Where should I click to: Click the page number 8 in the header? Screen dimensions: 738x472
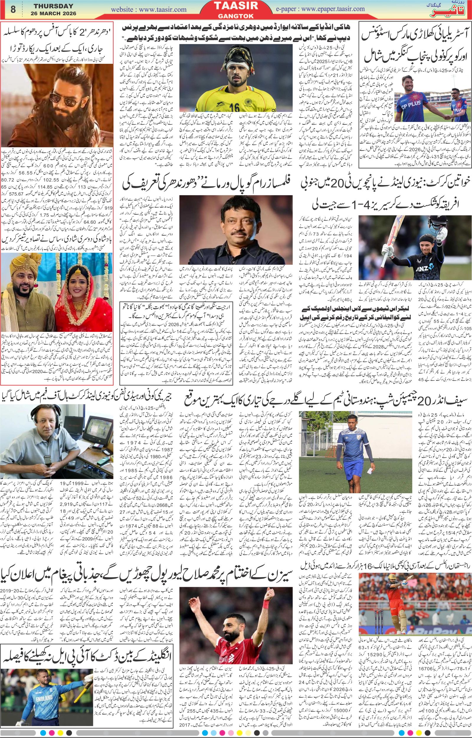(13, 9)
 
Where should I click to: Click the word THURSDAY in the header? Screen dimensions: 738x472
(54, 6)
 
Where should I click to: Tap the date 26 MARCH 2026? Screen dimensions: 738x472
(54, 14)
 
